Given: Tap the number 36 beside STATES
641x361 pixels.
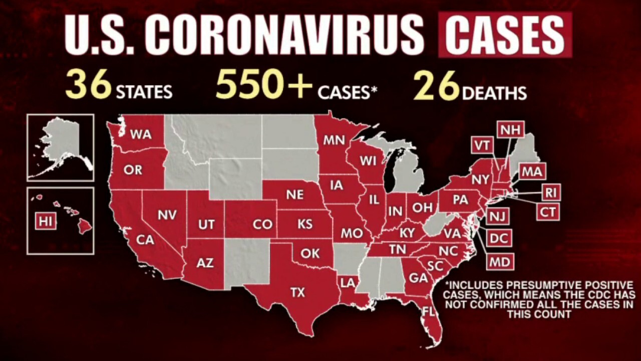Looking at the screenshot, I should [x=89, y=86].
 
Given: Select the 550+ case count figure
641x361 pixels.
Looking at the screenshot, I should [x=264, y=86].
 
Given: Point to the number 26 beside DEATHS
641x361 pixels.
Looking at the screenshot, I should [x=436, y=86].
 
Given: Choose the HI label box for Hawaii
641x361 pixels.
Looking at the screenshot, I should [x=45, y=221].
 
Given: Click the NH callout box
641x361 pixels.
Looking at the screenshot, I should [x=510, y=130].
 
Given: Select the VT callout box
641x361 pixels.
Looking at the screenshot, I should [x=482, y=145].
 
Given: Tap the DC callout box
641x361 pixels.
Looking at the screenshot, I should [x=498, y=239].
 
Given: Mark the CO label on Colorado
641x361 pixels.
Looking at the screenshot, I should [x=262, y=225].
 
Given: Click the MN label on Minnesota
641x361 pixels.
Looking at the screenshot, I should [x=334, y=140].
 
